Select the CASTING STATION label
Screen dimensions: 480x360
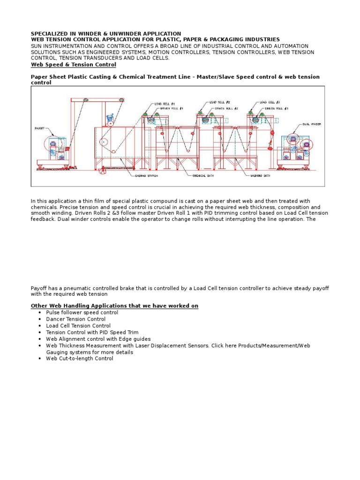[144, 176]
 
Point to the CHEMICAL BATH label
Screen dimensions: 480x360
[202, 176]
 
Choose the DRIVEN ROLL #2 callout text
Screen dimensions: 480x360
[227, 108]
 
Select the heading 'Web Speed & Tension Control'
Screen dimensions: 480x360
[73, 65]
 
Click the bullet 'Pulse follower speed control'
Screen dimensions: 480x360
[82, 312]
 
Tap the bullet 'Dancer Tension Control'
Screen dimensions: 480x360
[76, 319]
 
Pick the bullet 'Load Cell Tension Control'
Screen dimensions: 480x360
[78, 325]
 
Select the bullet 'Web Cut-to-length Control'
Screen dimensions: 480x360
[79, 359]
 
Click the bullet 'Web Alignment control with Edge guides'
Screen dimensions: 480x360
[98, 338]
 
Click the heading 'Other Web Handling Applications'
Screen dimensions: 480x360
[114, 306]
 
